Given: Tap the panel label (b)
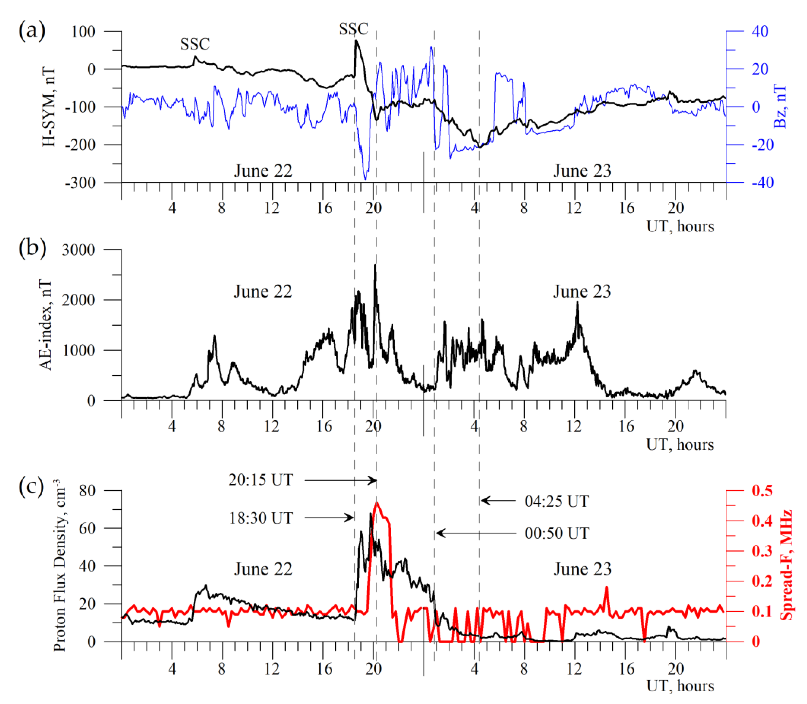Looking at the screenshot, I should coord(32,248).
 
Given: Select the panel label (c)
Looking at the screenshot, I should coord(31,487).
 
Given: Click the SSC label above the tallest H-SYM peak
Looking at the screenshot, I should coord(354,29).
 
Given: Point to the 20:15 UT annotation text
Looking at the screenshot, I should coord(261,480).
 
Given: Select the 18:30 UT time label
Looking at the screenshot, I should coord(261,518).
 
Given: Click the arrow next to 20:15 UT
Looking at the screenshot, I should coord(340,480).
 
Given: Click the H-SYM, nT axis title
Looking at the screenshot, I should coord(49,107).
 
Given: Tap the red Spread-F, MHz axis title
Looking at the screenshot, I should coord(786,565).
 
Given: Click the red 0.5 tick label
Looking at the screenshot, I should coord(762,490).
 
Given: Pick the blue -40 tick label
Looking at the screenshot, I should coord(762,182).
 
